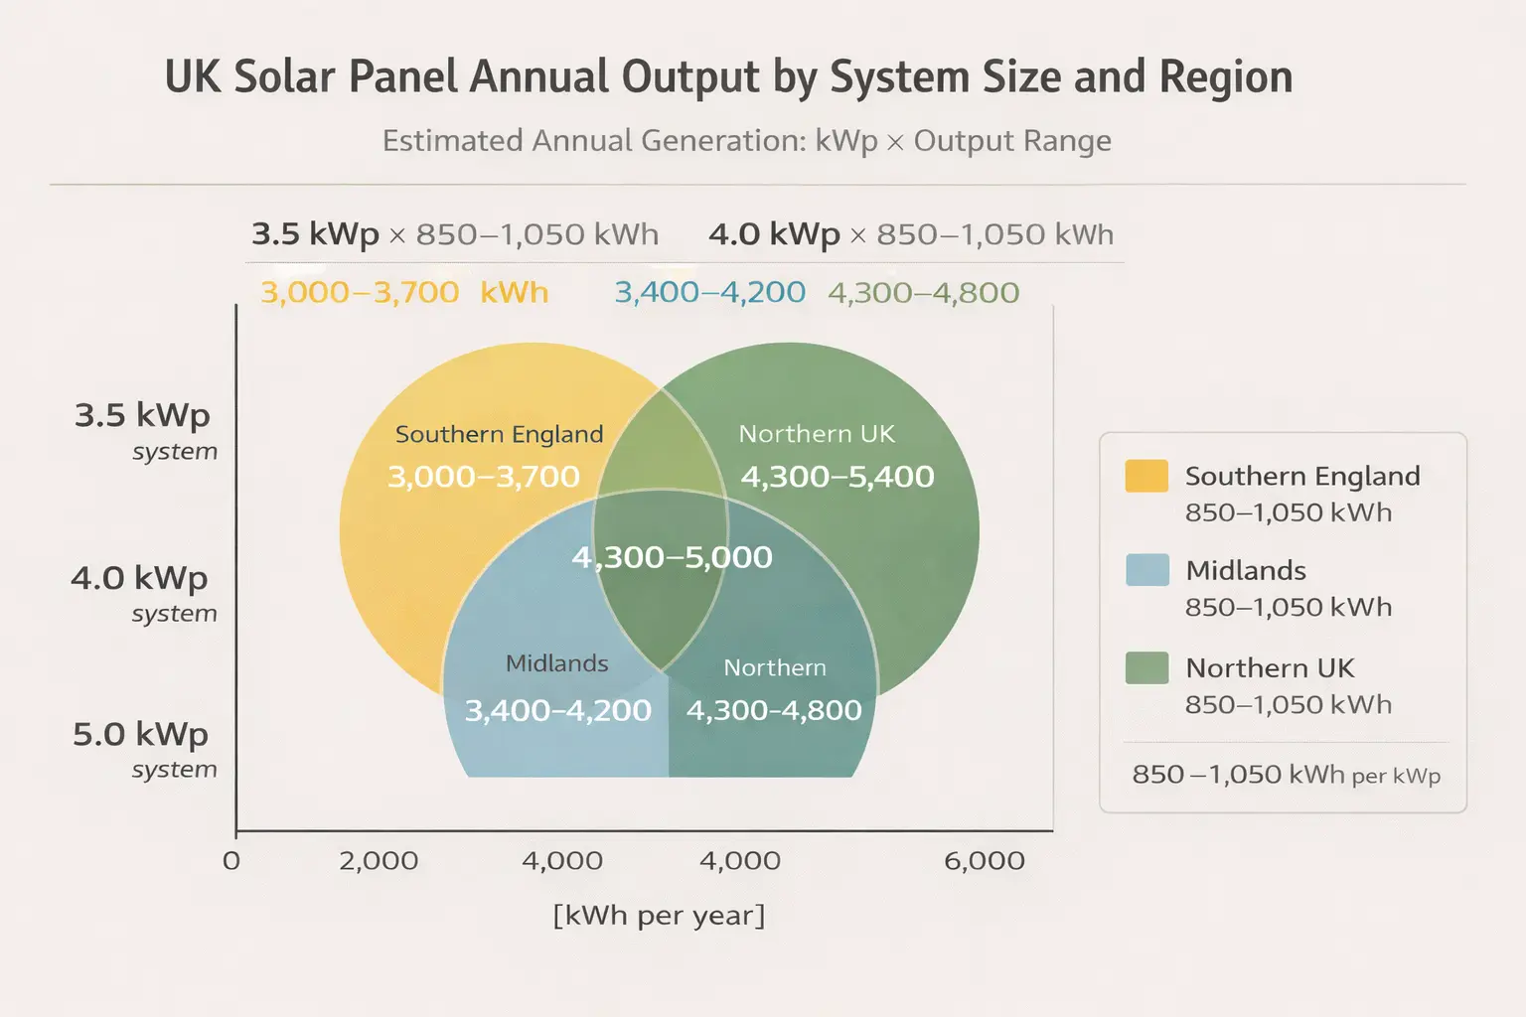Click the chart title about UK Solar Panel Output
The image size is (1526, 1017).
[x=728, y=77]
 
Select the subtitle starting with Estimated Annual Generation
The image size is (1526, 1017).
[x=746, y=141]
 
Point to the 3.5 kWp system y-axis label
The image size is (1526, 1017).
[x=143, y=429]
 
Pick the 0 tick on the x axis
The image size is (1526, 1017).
[x=231, y=860]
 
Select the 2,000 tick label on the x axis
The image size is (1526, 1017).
[x=379, y=860]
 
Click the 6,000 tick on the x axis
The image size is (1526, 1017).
[x=984, y=860]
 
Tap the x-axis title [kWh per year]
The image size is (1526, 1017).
[x=659, y=915]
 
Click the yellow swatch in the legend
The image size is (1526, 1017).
[x=1145, y=476]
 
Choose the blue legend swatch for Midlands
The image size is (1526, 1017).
[x=1145, y=570]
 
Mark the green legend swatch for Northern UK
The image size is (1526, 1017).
[x=1145, y=667]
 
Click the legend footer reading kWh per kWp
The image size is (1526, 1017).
[x=1286, y=775]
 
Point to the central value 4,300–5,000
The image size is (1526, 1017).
[x=672, y=557]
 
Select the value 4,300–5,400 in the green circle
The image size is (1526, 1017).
[x=837, y=477]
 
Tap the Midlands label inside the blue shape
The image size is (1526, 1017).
[x=556, y=663]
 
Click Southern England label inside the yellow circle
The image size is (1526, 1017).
[x=499, y=434]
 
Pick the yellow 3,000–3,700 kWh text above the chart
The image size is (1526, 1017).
[x=403, y=292]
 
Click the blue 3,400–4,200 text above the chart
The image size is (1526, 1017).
[x=709, y=292]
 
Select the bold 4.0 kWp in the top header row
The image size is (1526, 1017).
[x=774, y=234]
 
